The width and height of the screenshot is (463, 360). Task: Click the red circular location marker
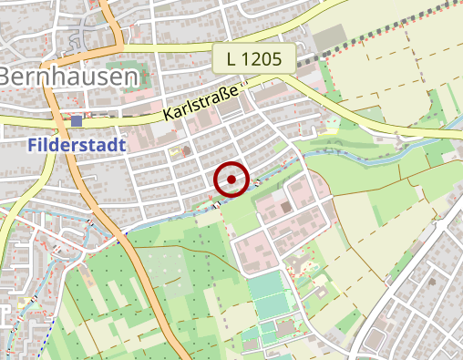(x=231, y=180)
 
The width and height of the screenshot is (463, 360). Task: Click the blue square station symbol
(x=77, y=120)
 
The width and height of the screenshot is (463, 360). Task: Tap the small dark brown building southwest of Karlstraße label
(x=187, y=149)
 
